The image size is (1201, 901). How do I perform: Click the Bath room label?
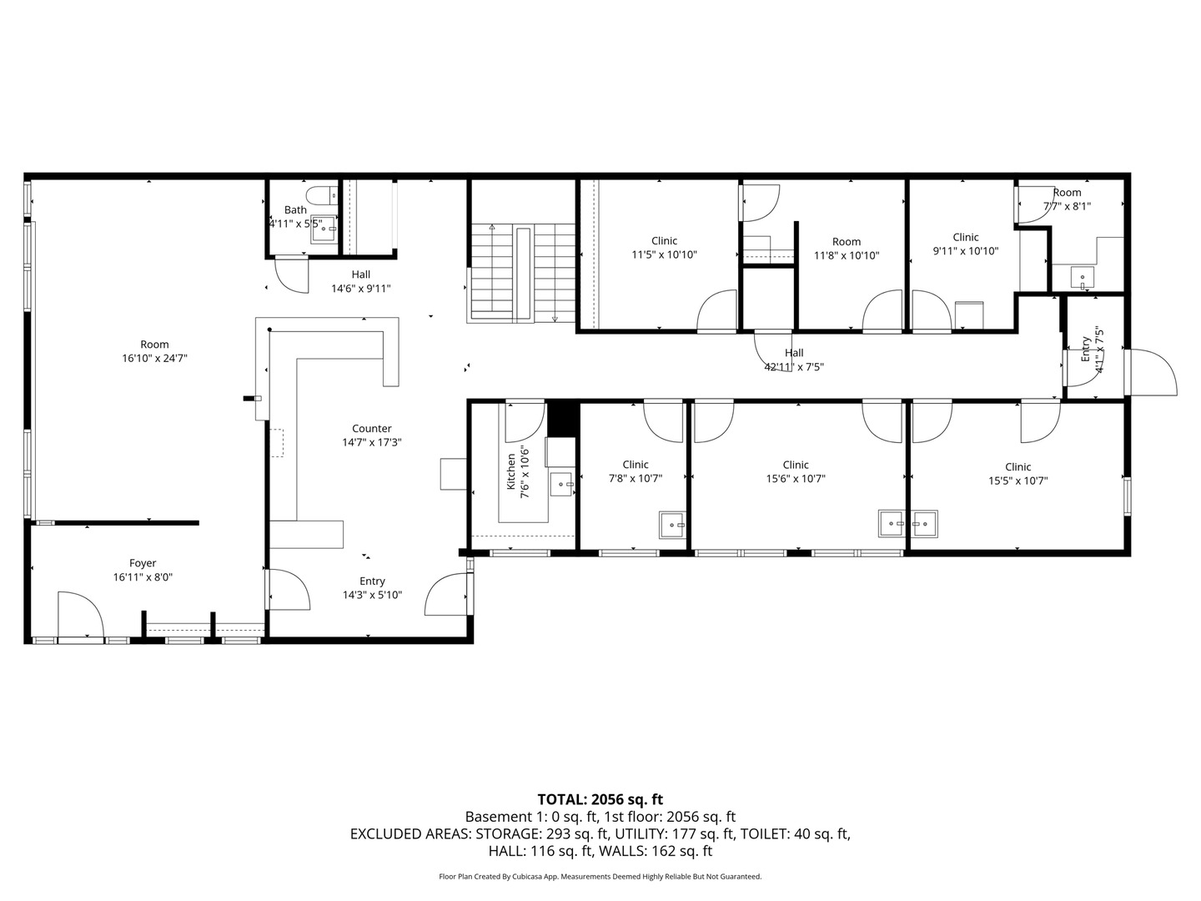pyautogui.click(x=295, y=209)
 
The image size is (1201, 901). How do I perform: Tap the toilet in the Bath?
pyautogui.click(x=322, y=194)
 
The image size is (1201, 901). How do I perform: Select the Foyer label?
pyautogui.click(x=143, y=563)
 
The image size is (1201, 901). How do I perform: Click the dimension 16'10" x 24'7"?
pyautogui.click(x=155, y=359)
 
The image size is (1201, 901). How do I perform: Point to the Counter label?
pyautogui.click(x=372, y=428)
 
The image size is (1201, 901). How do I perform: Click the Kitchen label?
pyautogui.click(x=511, y=471)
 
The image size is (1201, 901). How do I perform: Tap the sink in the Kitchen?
pyautogui.click(x=561, y=484)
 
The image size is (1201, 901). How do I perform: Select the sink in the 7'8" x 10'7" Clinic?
pyautogui.click(x=672, y=526)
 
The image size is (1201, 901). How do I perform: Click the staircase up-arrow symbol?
pyautogui.click(x=492, y=226)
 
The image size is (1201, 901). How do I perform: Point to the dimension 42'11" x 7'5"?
pyautogui.click(x=794, y=366)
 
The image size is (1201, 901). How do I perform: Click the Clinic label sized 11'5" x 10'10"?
pyautogui.click(x=664, y=241)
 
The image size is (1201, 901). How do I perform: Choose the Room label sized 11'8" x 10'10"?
pyautogui.click(x=847, y=241)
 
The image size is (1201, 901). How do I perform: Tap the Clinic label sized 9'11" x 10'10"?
pyautogui.click(x=966, y=237)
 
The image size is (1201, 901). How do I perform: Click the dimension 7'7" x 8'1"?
pyautogui.click(x=1067, y=206)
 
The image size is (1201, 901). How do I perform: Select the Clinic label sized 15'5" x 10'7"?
pyautogui.click(x=1018, y=466)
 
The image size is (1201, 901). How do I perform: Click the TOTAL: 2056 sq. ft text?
pyautogui.click(x=600, y=799)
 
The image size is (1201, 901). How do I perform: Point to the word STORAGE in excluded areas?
pyautogui.click(x=508, y=833)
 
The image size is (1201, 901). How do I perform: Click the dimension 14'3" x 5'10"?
pyautogui.click(x=373, y=595)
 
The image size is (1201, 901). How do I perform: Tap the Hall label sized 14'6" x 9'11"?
pyautogui.click(x=361, y=274)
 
